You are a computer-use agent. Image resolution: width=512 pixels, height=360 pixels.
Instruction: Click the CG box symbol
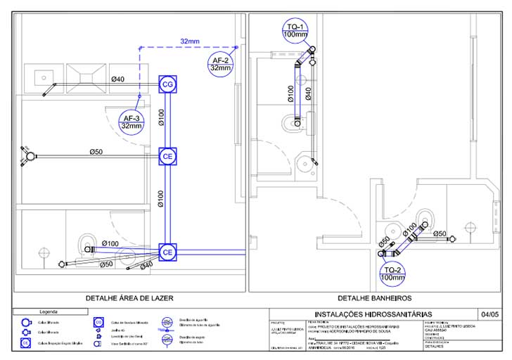[167, 84]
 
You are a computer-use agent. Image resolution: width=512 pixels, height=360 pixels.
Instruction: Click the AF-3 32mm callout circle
[132, 122]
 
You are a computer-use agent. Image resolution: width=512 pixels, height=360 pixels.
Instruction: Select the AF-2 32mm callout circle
[222, 64]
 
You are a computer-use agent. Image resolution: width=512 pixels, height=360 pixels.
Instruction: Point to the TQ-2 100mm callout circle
[390, 274]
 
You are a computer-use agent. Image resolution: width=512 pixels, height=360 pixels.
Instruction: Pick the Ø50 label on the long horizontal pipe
[96, 152]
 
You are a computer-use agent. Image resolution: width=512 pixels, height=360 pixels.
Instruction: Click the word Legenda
[49, 311]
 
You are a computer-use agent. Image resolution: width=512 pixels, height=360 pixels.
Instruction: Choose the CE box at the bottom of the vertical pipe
[167, 252]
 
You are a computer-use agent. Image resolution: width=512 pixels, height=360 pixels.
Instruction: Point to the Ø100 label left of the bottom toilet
[110, 243]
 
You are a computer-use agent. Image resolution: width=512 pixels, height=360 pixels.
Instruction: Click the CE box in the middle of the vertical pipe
[167, 156]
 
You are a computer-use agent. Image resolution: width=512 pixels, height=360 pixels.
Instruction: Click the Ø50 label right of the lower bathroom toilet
[440, 233]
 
